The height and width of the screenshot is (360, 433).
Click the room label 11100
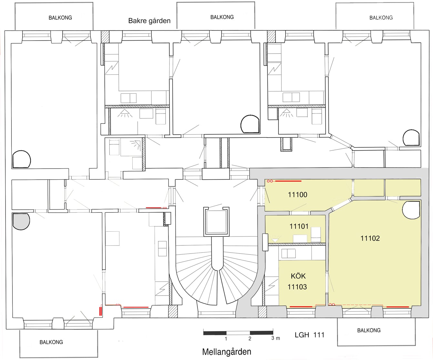point(297,195)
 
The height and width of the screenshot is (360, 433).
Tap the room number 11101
point(299,226)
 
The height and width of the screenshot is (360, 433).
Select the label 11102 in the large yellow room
point(370,238)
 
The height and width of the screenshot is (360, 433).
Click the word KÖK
point(298,276)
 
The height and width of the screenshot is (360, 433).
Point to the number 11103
point(297,287)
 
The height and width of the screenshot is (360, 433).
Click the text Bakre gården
point(149,21)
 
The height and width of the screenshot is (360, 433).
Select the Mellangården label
point(227,352)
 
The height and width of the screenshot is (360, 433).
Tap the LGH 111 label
point(309,335)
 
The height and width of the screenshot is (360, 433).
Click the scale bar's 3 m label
point(276,338)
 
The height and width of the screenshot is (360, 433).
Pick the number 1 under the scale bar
point(226,339)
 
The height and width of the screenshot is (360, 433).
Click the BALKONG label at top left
point(60,18)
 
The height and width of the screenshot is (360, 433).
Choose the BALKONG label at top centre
point(222,17)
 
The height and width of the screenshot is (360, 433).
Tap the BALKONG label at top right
point(381,18)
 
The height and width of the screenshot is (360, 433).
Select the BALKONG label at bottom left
point(51,342)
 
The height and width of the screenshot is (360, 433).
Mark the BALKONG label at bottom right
point(369,330)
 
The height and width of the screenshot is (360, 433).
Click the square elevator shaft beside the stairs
point(216,222)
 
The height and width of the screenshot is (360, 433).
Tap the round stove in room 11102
point(411,210)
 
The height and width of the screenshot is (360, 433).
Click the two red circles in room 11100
point(270,181)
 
